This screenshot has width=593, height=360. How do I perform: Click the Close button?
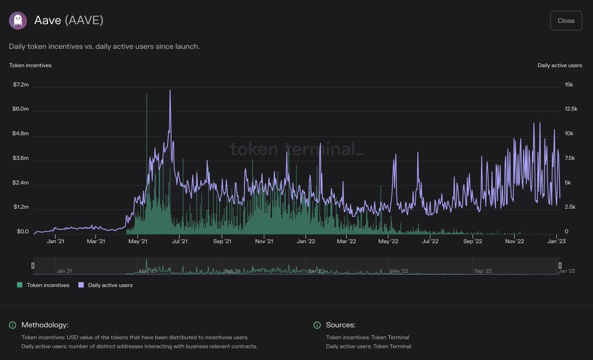tap(566, 21)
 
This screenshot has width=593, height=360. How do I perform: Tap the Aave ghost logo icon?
tap(18, 21)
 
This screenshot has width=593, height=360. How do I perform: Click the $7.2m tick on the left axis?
tap(21, 84)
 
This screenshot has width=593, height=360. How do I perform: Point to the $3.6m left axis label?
tap(21, 159)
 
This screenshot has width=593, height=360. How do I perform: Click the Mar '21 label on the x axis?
tap(96, 241)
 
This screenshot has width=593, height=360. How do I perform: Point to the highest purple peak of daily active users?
tap(170, 90)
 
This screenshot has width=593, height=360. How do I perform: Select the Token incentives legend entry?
tap(43, 285)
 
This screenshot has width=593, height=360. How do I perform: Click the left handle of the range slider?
tap(33, 266)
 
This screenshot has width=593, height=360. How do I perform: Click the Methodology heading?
tap(44, 325)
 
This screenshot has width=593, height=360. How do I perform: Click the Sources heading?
tap(340, 325)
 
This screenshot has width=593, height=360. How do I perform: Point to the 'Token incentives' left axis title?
tap(30, 65)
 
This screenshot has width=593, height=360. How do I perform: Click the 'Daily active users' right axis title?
tap(559, 65)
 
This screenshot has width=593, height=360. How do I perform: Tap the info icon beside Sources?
tap(317, 325)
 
